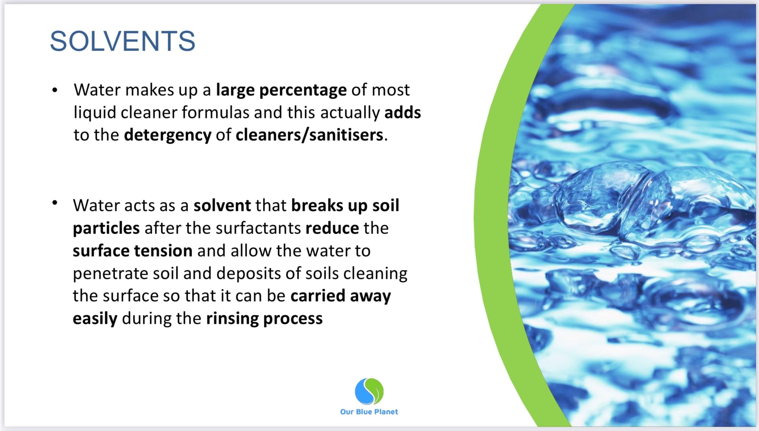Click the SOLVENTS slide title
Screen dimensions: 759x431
pyautogui.click(x=123, y=41)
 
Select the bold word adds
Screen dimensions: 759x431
pyautogui.click(x=403, y=112)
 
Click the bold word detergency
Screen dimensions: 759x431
pyautogui.click(x=168, y=135)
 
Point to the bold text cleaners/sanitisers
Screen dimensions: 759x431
pyautogui.click(x=309, y=135)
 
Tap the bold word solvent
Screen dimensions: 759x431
pyautogui.click(x=222, y=205)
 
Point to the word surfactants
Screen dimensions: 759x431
pyautogui.click(x=258, y=228)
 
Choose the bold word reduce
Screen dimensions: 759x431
pyautogui.click(x=332, y=228)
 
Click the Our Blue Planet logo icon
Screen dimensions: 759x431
pyautogui.click(x=369, y=391)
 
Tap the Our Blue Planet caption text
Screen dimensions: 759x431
pyautogui.click(x=369, y=412)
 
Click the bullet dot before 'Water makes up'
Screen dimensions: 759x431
pyautogui.click(x=55, y=90)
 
